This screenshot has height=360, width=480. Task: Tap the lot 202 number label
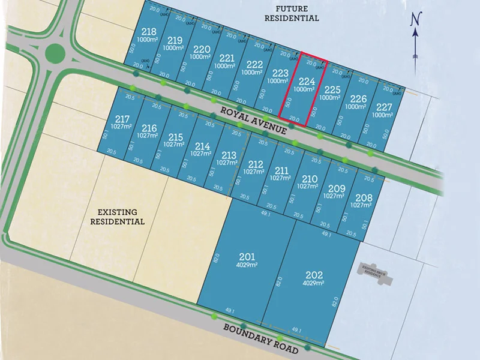pos(314,276)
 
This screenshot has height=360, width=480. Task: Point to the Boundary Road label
pos(260,338)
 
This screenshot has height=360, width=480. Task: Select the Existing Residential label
pos(117,217)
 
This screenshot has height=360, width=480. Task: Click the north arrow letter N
pos(415,19)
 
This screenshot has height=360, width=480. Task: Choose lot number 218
pos(148,32)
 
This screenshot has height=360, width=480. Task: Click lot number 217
pos(122,119)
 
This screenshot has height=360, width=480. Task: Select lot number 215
pos(176,137)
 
